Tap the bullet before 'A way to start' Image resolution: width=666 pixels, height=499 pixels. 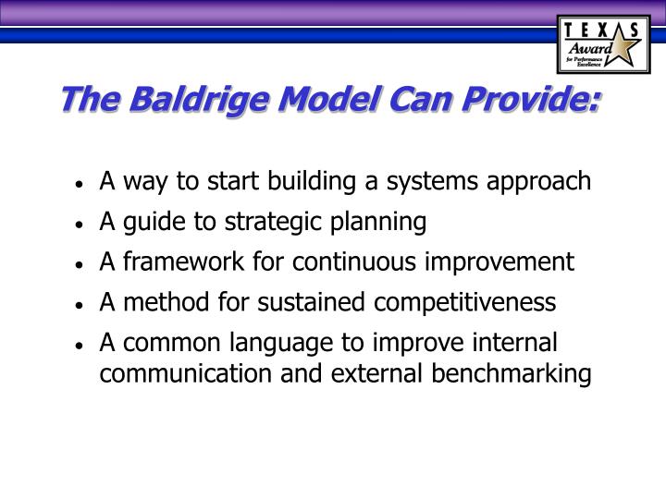tap(82, 183)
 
